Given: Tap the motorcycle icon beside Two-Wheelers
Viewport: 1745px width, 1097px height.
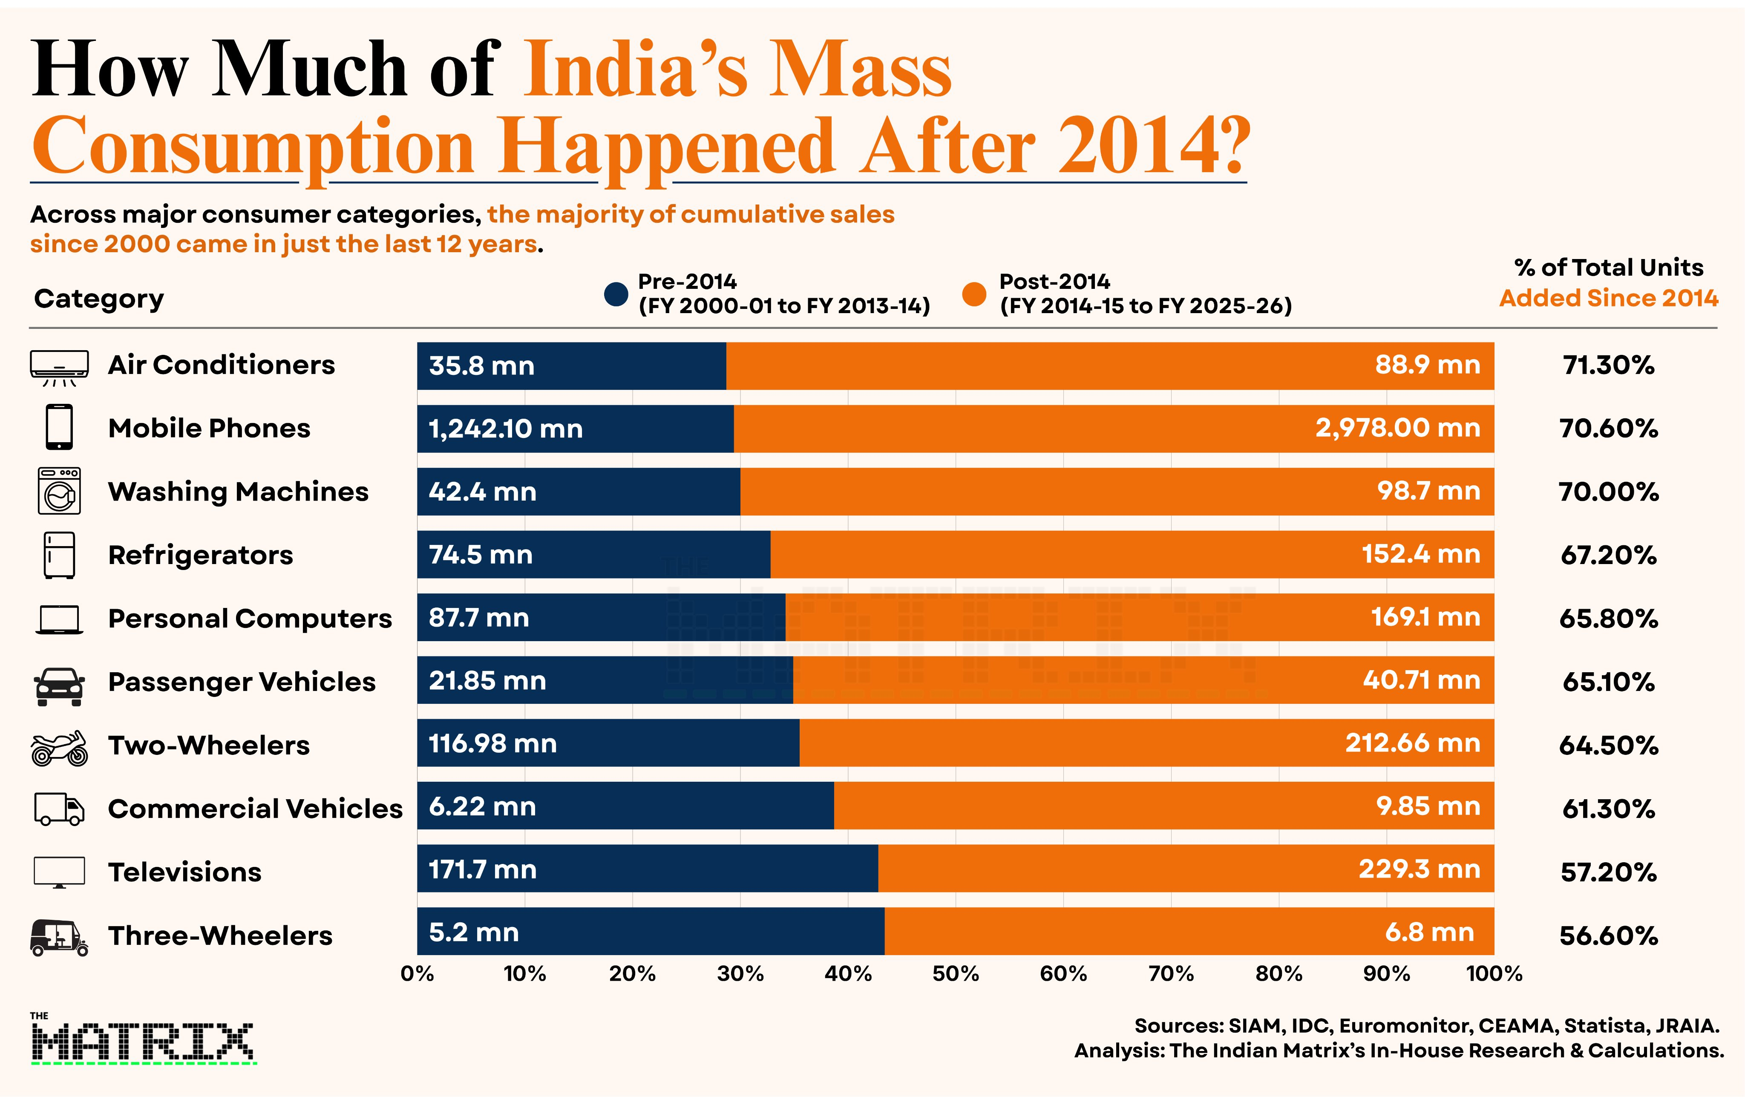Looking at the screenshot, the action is click(59, 748).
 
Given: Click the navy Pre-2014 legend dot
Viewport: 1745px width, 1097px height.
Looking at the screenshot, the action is click(616, 294).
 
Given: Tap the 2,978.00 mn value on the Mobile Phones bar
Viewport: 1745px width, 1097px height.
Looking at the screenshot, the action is click(1398, 428).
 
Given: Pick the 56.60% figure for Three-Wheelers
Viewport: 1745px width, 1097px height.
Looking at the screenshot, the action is click(1609, 936).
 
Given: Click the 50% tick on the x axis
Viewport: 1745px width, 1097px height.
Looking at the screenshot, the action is click(956, 973).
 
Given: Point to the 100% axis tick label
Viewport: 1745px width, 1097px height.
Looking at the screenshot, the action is click(1494, 973).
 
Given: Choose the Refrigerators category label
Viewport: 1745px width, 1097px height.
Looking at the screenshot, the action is click(201, 555).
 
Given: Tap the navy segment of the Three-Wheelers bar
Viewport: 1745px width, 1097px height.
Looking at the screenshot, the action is click(651, 931).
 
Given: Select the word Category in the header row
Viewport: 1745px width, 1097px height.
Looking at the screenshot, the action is click(99, 299).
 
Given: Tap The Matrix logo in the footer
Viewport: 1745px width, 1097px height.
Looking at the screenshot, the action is click(143, 1038).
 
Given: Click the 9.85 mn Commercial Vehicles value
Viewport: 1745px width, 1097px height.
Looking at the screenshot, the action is click(1428, 806).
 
